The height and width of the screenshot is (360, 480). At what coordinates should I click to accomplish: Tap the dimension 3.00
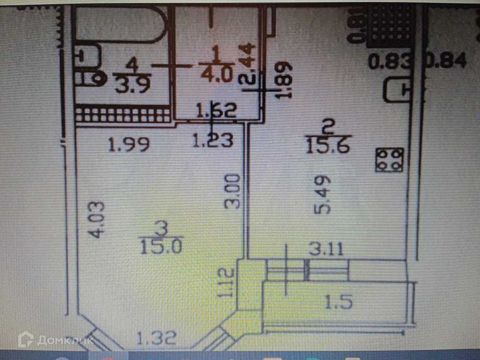coord(234,191)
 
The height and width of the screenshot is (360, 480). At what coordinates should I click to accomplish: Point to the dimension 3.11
coord(325,251)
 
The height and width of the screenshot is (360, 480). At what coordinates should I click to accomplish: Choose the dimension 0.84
coord(448,61)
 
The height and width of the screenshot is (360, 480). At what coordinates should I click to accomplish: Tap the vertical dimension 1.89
coord(286,80)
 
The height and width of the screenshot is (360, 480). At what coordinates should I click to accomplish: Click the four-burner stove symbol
coord(390,159)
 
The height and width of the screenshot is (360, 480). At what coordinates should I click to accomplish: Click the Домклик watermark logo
coord(51,340)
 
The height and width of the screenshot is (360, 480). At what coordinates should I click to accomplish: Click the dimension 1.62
coord(216,111)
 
